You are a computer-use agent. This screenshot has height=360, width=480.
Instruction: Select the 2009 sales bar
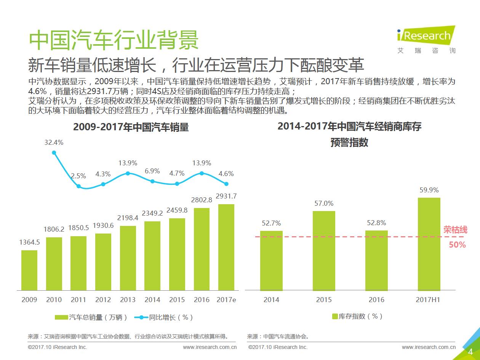click(x=29, y=270)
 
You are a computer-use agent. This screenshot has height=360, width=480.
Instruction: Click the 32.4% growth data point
click(x=54, y=153)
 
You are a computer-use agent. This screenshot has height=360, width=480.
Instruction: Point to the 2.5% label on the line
click(x=78, y=176)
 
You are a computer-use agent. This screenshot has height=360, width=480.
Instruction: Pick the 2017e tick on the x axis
click(x=226, y=300)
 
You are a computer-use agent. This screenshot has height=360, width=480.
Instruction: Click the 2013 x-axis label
click(x=128, y=300)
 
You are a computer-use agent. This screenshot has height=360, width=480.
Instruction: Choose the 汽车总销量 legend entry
click(x=91, y=317)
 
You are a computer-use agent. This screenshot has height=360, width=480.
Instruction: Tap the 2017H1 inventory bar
click(x=429, y=244)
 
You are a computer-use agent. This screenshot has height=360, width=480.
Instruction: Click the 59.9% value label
click(x=429, y=190)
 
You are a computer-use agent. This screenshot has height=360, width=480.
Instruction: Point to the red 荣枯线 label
click(x=456, y=230)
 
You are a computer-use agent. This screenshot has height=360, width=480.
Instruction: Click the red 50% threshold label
click(x=457, y=245)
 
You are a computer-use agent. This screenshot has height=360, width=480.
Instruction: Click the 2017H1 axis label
click(x=428, y=300)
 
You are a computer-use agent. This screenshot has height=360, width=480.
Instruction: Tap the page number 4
click(x=470, y=352)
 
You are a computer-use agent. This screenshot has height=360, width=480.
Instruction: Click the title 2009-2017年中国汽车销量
click(x=131, y=127)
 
